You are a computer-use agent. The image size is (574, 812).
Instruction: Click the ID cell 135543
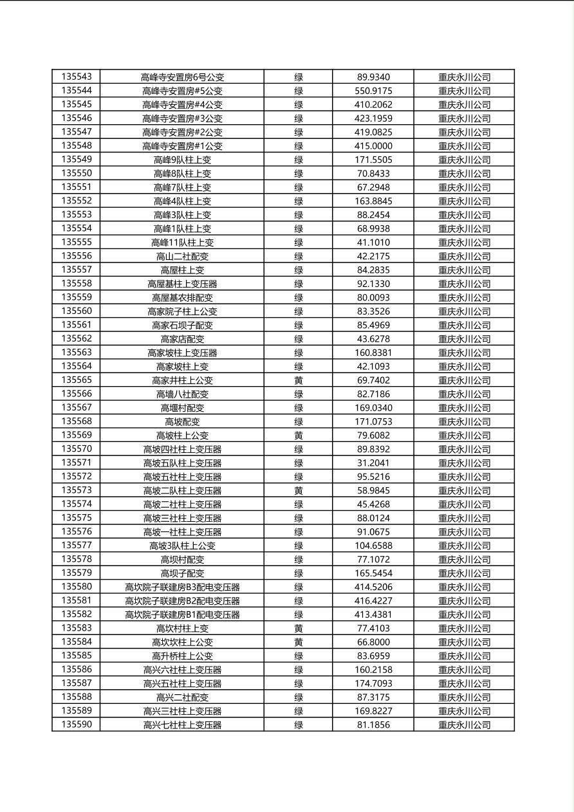click(77, 77)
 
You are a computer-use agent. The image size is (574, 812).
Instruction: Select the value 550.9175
click(373, 91)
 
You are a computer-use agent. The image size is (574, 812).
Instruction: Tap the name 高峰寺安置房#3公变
click(182, 119)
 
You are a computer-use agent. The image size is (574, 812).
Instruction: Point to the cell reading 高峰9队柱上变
click(182, 160)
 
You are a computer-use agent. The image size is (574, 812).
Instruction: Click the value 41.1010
click(373, 243)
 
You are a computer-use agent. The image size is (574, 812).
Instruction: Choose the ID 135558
click(77, 284)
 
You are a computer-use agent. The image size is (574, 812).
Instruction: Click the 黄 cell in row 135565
click(299, 380)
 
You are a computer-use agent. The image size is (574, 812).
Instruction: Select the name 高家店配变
click(182, 339)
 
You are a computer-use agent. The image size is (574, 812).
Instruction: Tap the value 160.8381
click(373, 353)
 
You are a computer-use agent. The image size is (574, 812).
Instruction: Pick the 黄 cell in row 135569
click(299, 436)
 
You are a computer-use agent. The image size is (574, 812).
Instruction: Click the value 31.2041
click(373, 463)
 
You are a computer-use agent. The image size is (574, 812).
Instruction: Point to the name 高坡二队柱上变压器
click(182, 491)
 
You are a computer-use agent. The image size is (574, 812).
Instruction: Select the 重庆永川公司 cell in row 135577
click(464, 546)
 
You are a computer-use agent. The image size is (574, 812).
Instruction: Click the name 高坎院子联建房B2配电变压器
click(182, 601)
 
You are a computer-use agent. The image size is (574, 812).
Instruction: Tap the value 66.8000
click(373, 642)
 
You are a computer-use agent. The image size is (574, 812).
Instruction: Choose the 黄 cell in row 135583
click(299, 629)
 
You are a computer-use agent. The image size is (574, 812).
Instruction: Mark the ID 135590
click(77, 725)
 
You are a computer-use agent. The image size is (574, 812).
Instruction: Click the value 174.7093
click(373, 683)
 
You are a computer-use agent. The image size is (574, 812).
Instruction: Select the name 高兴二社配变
click(182, 697)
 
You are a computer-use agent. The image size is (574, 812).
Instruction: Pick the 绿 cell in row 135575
click(299, 518)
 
